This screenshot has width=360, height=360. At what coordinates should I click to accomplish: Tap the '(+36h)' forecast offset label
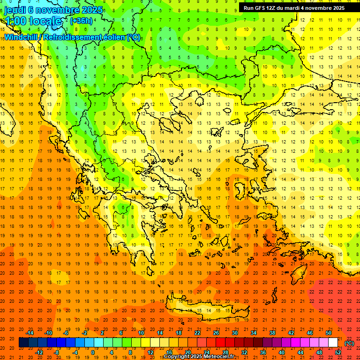click(x=81, y=21)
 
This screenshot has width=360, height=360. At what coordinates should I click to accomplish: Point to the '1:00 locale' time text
click(x=33, y=21)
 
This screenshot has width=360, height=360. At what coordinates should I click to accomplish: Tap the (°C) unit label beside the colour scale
click(x=349, y=343)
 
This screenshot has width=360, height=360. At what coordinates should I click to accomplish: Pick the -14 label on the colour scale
click(x=30, y=333)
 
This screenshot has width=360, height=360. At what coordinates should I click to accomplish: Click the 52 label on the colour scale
click(x=338, y=352)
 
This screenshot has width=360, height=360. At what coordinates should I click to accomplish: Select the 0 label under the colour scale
click(x=93, y=352)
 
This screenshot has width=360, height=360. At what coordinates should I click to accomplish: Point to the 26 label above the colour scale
click(x=216, y=333)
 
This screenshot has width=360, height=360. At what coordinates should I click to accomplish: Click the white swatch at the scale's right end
click(x=333, y=343)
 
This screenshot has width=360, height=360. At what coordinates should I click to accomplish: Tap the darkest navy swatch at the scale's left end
click(x=23, y=343)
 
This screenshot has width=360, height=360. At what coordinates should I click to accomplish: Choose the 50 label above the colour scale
click(x=329, y=333)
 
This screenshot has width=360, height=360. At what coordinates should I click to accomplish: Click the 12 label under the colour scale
click(x=150, y=352)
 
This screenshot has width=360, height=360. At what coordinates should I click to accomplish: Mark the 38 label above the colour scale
click(x=272, y=333)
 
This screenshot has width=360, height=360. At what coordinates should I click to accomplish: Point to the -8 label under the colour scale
click(x=56, y=352)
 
